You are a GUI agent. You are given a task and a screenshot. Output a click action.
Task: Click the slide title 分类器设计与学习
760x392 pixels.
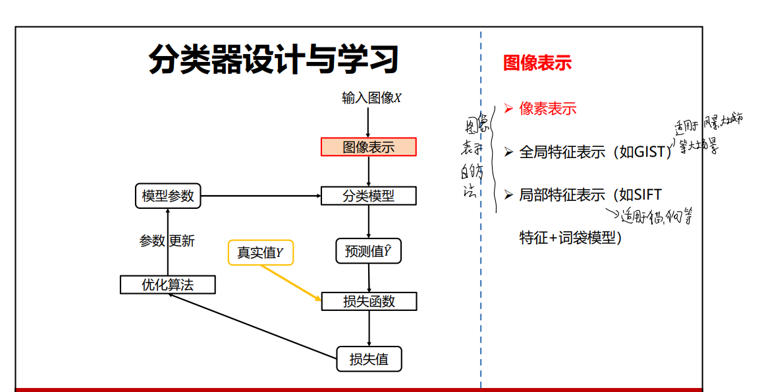pos(273,60)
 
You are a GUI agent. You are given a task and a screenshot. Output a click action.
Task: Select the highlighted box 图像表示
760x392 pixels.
pos(369,147)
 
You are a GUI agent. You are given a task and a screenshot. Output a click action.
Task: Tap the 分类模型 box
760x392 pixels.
pos(369,196)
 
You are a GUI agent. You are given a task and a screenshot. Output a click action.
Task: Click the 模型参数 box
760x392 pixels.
pos(168,196)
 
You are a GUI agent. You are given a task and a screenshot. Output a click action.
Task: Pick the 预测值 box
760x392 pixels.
pos(369,251)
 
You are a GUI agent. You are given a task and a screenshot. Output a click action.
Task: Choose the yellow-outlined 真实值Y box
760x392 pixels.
pos(260,252)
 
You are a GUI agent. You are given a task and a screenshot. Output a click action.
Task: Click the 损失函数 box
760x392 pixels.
pos(369,301)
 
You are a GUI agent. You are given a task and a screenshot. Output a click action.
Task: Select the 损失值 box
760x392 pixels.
pos(369,359)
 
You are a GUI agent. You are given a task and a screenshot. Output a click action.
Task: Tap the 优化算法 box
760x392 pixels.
pos(168,285)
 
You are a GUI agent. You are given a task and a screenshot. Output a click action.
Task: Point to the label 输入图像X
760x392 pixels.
pos(371,98)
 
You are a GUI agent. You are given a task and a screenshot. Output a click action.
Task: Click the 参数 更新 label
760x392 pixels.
pos(167,241)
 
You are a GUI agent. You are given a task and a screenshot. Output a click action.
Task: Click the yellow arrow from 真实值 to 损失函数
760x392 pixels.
pos(290,283)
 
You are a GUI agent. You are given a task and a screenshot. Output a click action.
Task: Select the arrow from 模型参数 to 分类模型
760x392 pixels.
pos(260,196)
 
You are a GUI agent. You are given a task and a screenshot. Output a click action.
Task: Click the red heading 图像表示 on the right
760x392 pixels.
pos(537,63)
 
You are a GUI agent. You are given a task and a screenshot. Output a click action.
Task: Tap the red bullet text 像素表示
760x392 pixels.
pos(547,109)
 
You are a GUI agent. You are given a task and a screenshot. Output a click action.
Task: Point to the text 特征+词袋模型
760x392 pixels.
pos(570,238)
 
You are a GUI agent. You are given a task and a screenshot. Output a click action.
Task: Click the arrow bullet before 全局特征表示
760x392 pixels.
pos(508,152)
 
